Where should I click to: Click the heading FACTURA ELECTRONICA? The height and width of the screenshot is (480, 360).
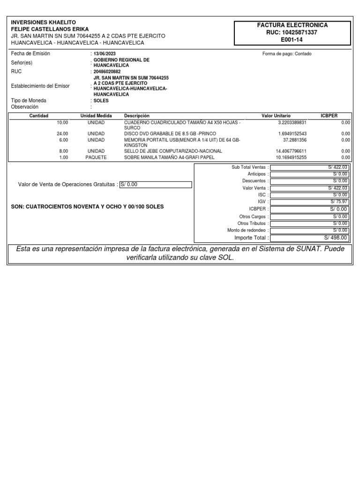292,25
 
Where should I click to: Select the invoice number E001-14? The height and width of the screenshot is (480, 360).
292,40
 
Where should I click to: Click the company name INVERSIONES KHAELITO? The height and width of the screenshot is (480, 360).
43,22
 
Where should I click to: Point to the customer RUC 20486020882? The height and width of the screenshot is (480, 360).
107,72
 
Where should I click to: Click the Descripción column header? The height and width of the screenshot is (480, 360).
136,116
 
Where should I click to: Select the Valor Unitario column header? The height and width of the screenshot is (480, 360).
276,116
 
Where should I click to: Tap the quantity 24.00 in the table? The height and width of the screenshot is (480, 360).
62,134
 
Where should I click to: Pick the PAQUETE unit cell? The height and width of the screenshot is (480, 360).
96,157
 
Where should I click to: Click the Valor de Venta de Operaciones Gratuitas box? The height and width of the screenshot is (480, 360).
156,185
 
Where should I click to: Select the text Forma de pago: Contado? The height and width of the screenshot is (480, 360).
287,54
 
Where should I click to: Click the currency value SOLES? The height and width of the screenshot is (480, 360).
101,101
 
